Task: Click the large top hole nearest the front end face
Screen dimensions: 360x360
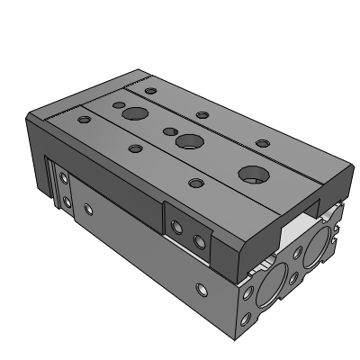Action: tap(250, 175)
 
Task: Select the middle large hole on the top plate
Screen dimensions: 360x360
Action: tap(189, 142)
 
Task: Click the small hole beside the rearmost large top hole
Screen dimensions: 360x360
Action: tap(118, 103)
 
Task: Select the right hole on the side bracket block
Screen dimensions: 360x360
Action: tap(199, 239)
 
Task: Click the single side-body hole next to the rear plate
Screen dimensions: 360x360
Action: tap(87, 209)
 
